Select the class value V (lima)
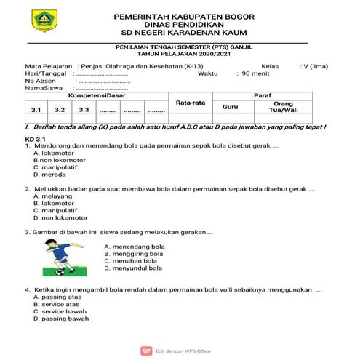(313, 65)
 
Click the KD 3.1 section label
(36, 138)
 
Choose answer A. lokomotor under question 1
(52, 153)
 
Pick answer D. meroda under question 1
(49, 175)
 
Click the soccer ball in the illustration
(57, 273)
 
